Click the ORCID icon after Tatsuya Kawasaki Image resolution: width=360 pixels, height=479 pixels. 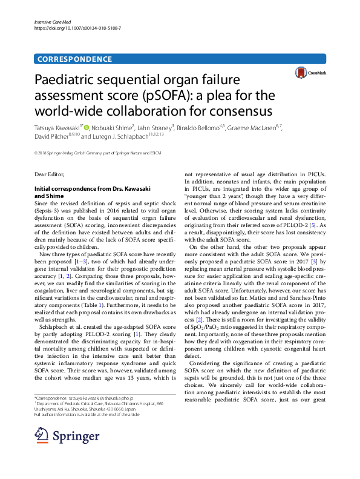86,128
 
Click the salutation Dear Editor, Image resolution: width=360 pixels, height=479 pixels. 49,174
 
